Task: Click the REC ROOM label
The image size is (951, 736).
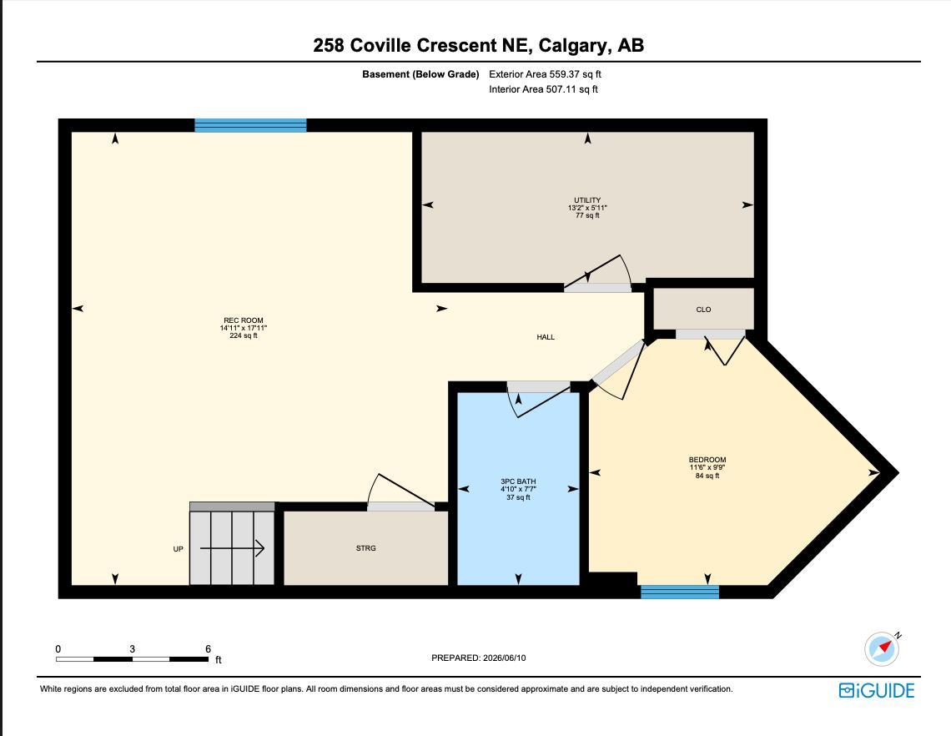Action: click(x=244, y=320)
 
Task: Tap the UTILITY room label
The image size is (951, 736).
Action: click(x=587, y=200)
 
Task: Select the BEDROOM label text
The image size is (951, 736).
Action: click(x=707, y=460)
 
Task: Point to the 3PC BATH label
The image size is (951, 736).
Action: click(x=518, y=481)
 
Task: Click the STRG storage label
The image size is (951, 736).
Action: click(x=365, y=548)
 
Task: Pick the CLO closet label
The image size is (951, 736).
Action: click(x=703, y=310)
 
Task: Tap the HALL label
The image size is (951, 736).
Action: click(x=546, y=337)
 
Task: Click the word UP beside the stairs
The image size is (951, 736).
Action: click(x=178, y=549)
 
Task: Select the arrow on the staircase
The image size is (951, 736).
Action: click(x=232, y=548)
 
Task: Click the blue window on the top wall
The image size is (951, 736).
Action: click(x=250, y=125)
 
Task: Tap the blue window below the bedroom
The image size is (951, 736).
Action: click(x=680, y=592)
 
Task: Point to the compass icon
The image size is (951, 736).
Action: click(x=883, y=648)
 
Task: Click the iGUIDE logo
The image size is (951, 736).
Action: click(x=877, y=690)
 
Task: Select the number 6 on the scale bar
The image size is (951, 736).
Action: click(x=208, y=648)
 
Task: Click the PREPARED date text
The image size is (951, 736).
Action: click(x=479, y=658)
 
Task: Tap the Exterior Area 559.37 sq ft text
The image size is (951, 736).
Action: click(x=546, y=74)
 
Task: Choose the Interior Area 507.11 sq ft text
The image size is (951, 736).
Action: click(x=543, y=89)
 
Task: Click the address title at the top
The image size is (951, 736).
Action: click(x=479, y=45)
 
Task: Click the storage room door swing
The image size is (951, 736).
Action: click(x=400, y=491)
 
